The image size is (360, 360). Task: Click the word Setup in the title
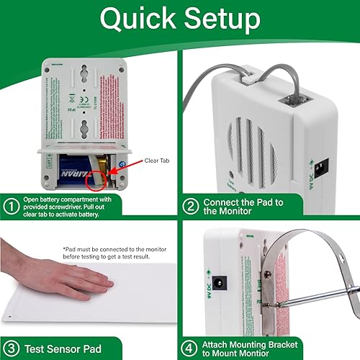220,21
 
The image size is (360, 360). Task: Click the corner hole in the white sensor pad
13,316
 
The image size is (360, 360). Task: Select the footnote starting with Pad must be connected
119,252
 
